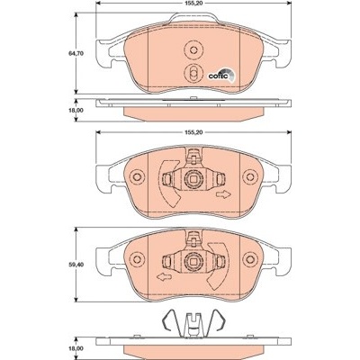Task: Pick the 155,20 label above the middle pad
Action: coord(193,132)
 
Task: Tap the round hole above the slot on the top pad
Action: coord(193,50)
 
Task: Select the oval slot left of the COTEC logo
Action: coord(193,73)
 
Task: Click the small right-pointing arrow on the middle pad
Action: coord(223,194)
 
